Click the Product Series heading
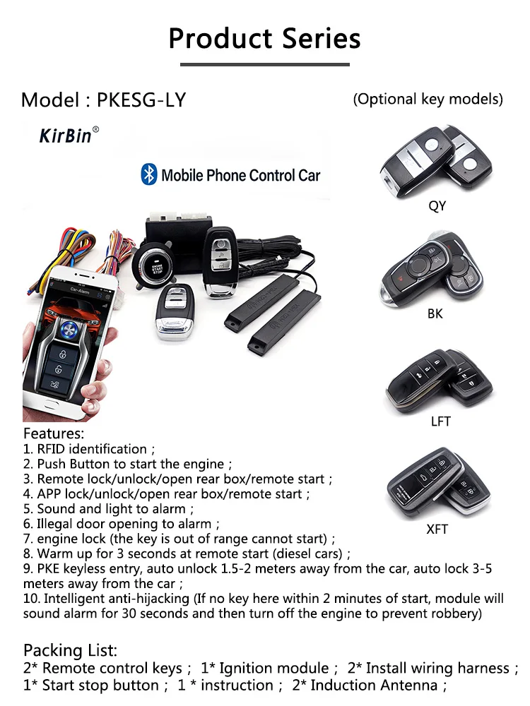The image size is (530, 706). point(264,38)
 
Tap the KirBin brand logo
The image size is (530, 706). point(66,136)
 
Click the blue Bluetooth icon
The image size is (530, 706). point(148,174)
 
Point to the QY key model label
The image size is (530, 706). point(437,206)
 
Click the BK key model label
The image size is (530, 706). point(435,313)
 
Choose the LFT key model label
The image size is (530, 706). point(440,421)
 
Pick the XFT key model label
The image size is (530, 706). point(437,528)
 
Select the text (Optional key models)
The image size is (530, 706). point(428,99)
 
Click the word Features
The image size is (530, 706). point(54,433)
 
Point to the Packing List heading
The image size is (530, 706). point(70,650)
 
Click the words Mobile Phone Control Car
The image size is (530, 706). point(240,175)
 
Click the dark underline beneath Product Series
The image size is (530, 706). point(264,65)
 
